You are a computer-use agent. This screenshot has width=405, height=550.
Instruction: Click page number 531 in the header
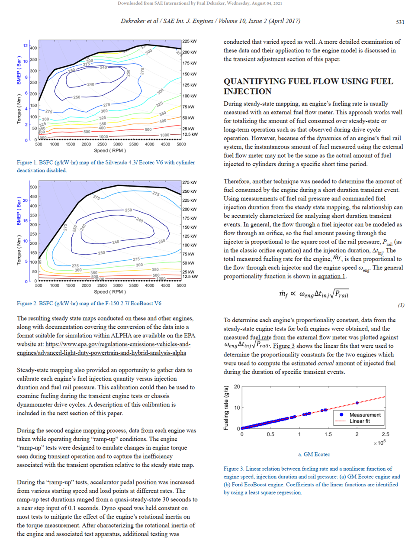point(400,23)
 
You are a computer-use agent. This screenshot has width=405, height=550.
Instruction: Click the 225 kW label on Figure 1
point(190,41)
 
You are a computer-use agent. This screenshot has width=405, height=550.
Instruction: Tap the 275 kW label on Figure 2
point(190,182)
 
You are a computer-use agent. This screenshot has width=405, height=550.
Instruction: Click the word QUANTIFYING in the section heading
point(254,81)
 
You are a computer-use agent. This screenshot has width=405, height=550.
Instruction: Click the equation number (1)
point(401,305)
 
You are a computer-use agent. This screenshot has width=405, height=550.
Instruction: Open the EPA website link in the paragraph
point(104,349)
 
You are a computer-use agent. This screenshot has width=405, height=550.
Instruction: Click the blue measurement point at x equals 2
point(357,403)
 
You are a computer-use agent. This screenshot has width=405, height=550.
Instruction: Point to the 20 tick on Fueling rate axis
point(237,387)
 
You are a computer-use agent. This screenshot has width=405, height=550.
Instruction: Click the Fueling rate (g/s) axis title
point(226,408)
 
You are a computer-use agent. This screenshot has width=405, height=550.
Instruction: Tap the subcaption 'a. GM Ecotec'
point(314,454)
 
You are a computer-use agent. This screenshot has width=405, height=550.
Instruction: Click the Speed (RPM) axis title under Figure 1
point(110,151)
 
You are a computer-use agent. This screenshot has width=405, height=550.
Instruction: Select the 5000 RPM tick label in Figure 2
point(181,285)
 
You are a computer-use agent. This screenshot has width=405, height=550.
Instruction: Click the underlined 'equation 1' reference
point(331,276)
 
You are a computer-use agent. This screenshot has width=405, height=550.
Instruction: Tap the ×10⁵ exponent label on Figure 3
point(379,443)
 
